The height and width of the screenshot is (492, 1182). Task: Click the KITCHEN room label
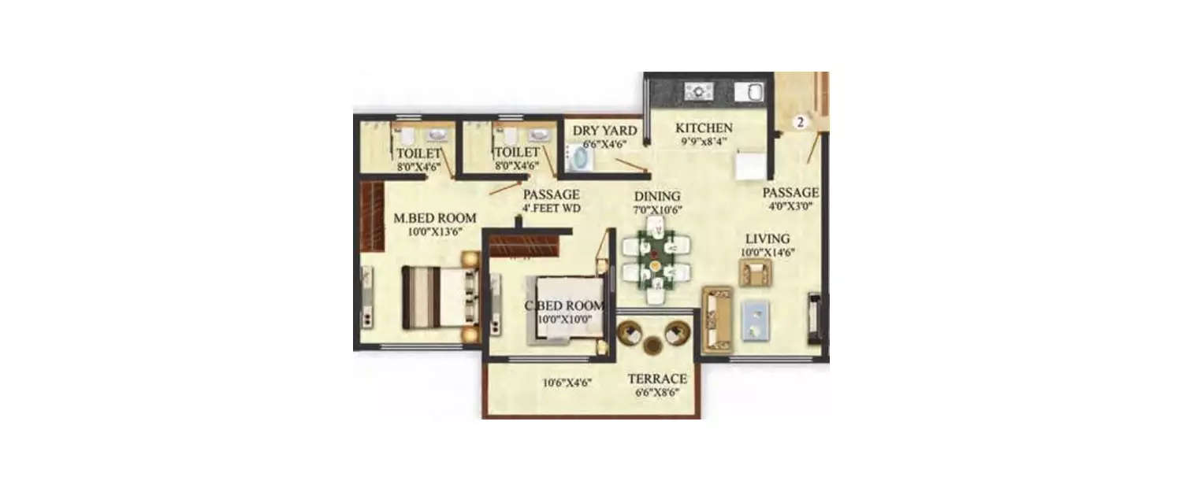pos(704,128)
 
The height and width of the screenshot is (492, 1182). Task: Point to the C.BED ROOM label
pos(565,306)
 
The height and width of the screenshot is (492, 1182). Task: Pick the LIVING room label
pos(768,239)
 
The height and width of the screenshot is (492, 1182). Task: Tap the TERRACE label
pos(657,379)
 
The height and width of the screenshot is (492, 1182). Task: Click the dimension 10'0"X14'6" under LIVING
pos(768,252)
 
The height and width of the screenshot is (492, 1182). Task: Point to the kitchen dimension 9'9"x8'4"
pos(704,142)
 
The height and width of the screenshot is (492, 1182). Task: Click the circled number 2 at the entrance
pos(801,122)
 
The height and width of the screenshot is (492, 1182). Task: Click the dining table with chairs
pos(656,261)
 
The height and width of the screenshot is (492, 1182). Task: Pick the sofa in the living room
pos(716,319)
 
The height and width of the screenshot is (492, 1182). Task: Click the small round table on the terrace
pos(652,346)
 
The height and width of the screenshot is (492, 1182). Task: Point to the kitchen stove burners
pos(698,91)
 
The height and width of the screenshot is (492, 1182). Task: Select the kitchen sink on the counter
pos(749,92)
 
